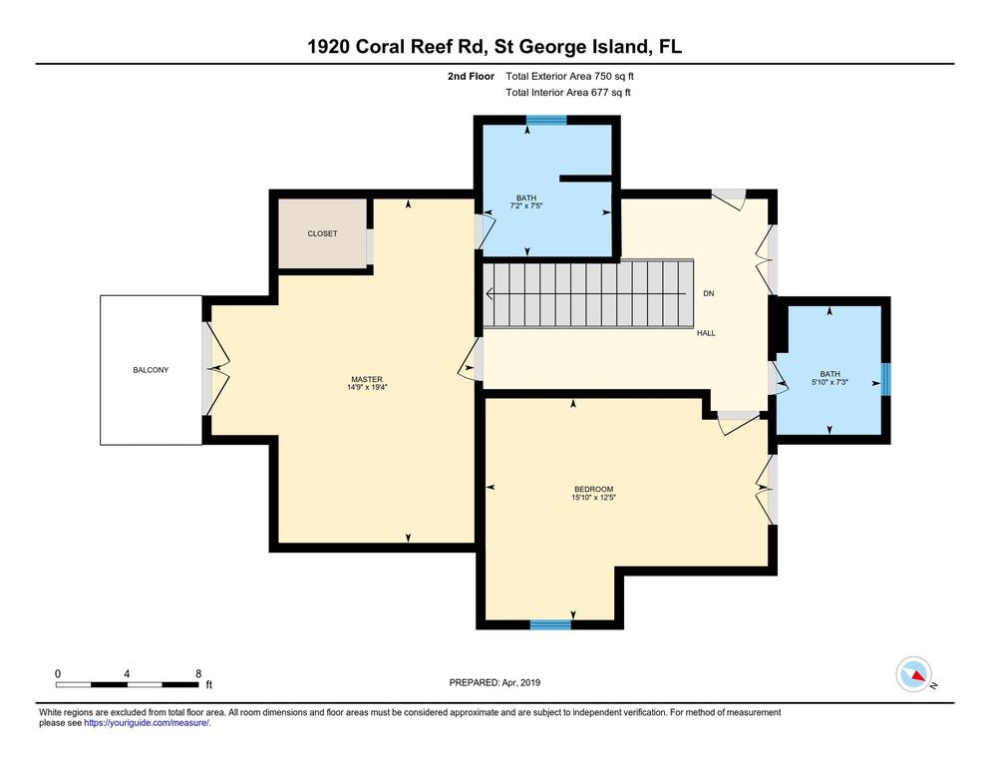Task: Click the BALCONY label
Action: pos(151,370)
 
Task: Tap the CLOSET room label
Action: pos(322,233)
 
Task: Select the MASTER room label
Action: pos(367,379)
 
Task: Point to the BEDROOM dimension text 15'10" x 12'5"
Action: pos(593,497)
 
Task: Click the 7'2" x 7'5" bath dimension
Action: pos(526,205)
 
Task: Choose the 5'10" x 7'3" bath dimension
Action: pos(830,382)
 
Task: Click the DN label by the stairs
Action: pos(708,293)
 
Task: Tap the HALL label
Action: pos(706,333)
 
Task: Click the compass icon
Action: pos(914,674)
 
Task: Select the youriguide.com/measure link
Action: pos(148,723)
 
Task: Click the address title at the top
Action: pos(495,47)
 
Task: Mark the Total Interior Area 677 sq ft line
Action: pos(568,93)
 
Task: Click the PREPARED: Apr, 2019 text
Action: pos(495,682)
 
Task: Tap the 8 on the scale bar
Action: pos(198,673)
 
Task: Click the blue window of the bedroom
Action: pos(550,624)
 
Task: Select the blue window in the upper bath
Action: pos(546,121)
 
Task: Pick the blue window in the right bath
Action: pos(884,379)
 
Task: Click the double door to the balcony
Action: pos(209,369)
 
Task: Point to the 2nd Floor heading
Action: pos(470,76)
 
